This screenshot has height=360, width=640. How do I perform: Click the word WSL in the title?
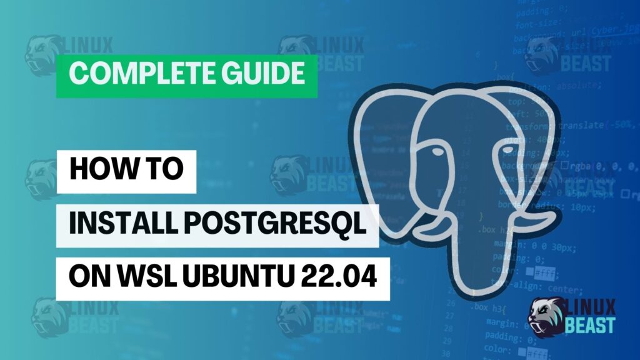(140, 276)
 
